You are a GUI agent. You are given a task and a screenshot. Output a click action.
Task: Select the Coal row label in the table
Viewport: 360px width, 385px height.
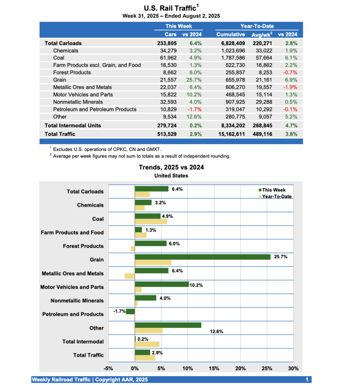[59, 58]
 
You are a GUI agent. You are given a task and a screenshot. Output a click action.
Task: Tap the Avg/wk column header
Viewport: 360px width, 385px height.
[261, 35]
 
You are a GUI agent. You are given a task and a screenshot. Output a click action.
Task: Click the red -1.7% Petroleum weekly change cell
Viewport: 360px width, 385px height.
[195, 109]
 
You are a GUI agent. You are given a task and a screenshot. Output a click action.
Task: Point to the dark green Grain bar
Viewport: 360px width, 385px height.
[202, 257]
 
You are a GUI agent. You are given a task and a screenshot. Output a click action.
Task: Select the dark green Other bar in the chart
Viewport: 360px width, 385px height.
[168, 325]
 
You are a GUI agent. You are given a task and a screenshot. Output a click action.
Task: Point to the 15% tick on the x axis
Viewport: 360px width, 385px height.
[214, 368]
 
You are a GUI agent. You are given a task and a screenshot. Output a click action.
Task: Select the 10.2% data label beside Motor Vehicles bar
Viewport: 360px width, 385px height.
[196, 285]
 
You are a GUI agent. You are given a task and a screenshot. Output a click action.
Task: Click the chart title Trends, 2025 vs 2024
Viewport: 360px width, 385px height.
[171, 167]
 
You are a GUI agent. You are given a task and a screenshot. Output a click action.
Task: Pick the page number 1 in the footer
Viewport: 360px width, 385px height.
[307, 380]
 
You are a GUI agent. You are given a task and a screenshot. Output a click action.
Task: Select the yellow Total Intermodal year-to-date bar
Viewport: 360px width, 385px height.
[147, 344]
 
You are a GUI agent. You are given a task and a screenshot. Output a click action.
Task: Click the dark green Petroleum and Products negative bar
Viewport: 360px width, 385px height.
[130, 311]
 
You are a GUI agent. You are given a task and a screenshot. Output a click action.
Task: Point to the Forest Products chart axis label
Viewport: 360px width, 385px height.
[83, 246]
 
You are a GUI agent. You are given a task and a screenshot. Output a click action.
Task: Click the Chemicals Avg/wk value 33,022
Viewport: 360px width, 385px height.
[261, 50]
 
